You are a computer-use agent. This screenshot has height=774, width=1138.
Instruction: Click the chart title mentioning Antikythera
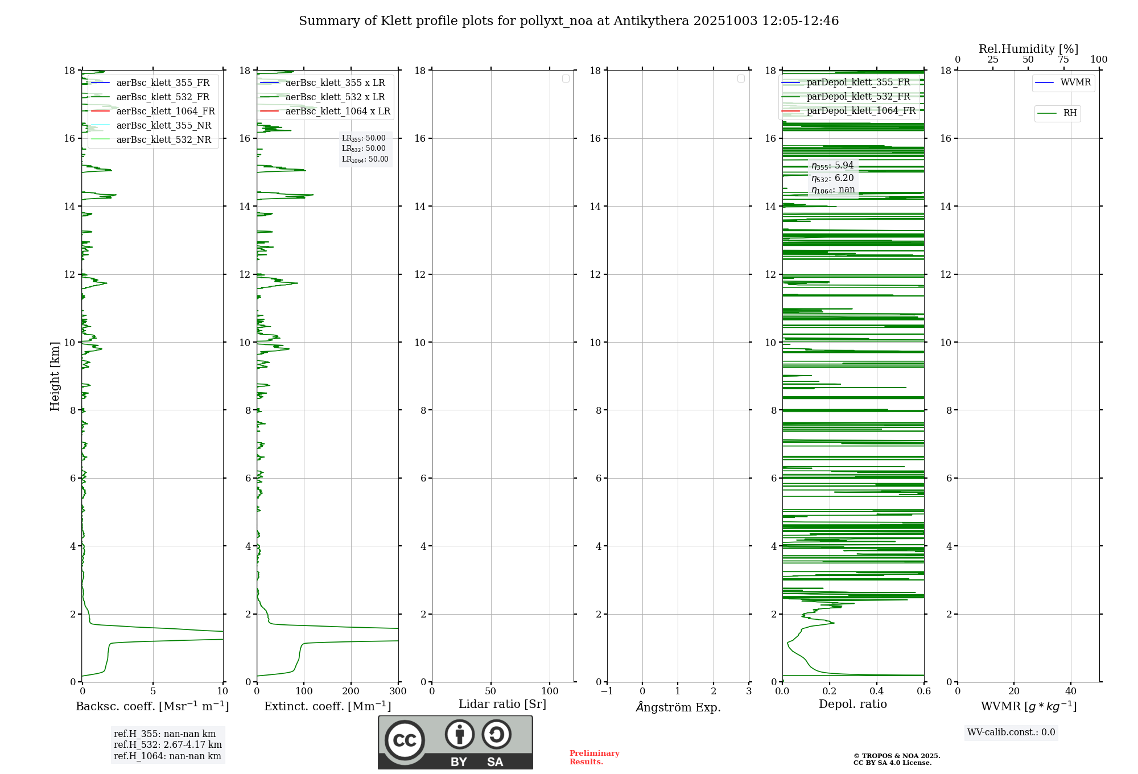[x=568, y=21]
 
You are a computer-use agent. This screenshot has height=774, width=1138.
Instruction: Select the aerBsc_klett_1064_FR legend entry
[x=166, y=111]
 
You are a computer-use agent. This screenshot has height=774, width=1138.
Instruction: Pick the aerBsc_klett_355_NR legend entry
[x=163, y=125]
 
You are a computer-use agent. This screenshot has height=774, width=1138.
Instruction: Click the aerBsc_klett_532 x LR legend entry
[x=335, y=97]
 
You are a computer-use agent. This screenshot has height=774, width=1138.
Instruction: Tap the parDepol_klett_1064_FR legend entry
[x=861, y=110]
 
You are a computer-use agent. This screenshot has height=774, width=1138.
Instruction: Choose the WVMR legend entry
[x=1075, y=83]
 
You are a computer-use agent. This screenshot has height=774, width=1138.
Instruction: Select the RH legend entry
[x=1070, y=113]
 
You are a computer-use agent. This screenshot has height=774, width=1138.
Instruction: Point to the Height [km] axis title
[x=55, y=376]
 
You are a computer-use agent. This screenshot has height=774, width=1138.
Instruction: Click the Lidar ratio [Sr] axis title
[x=502, y=704]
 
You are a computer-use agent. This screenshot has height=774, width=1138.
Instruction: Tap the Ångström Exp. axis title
[x=678, y=707]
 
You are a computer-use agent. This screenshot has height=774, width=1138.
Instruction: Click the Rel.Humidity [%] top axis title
[x=1028, y=49]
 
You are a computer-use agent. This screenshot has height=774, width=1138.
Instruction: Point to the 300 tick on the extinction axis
[x=398, y=691]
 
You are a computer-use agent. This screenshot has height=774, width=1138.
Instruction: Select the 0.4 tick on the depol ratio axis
[x=877, y=691]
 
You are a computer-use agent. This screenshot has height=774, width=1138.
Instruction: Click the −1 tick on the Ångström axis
[x=607, y=691]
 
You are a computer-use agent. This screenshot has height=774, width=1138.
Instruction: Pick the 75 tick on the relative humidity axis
[x=1063, y=60]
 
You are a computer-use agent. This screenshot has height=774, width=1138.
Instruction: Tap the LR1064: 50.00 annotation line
[x=365, y=159]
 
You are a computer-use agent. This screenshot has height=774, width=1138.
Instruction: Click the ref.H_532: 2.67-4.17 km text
[x=167, y=744]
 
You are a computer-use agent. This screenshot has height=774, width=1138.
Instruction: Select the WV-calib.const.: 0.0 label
[x=1011, y=732]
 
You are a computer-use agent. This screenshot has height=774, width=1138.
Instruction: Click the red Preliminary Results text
[x=594, y=757]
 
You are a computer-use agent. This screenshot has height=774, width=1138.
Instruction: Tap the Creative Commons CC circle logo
[x=405, y=740]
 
